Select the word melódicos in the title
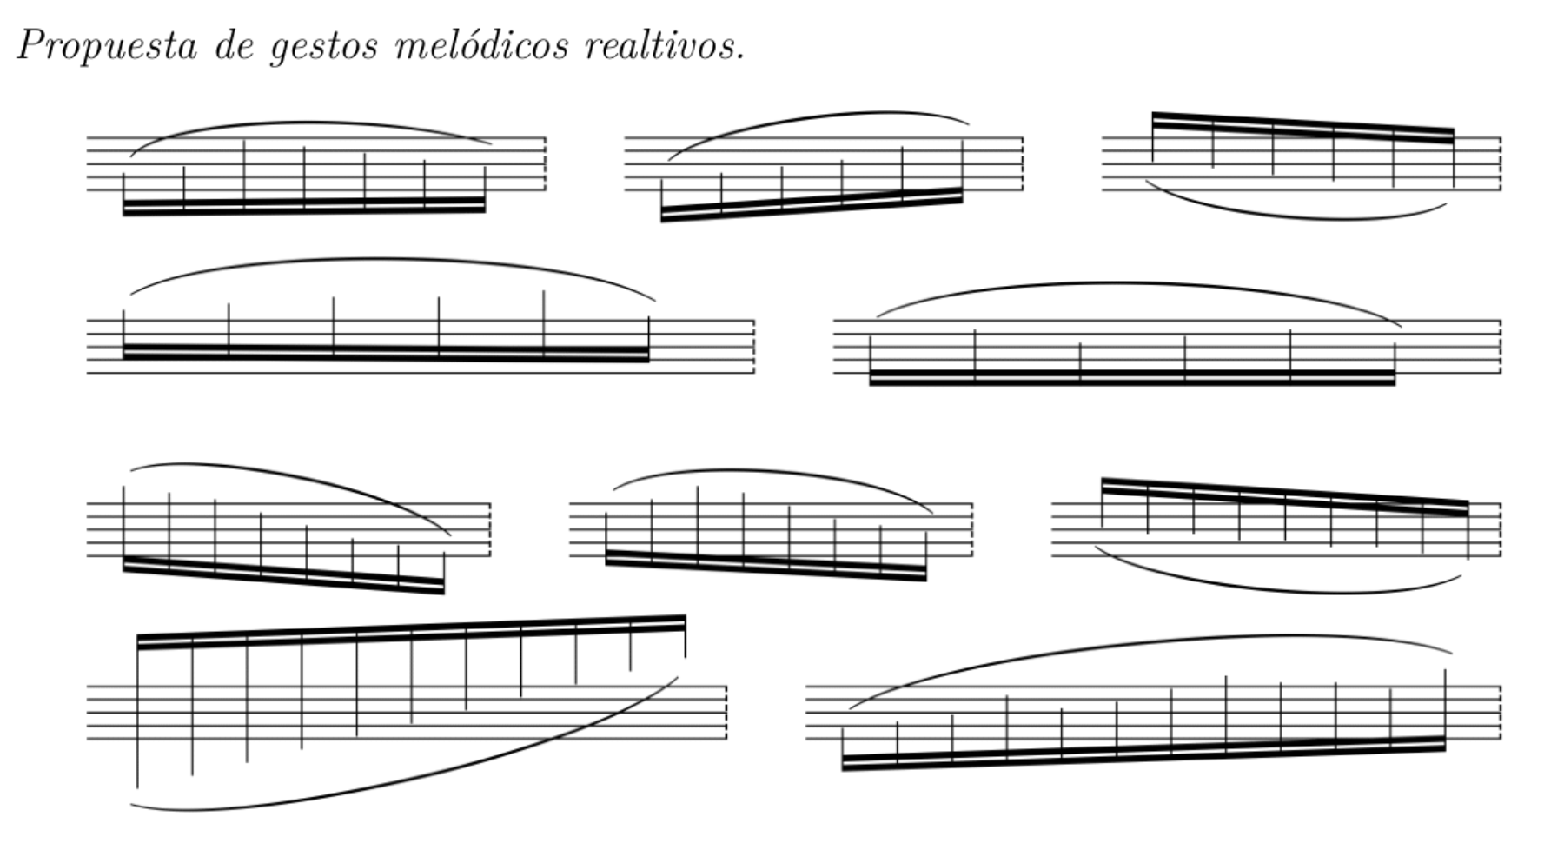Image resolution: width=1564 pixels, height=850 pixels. coord(481,44)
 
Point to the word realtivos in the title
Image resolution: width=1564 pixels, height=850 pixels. coord(665,44)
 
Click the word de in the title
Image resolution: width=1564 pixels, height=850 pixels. coord(233,44)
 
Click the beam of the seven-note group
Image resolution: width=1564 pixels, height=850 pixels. coord(304,206)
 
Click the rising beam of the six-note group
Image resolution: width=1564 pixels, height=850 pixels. coord(812,204)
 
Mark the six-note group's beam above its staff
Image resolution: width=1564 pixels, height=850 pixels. coord(1302,127)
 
